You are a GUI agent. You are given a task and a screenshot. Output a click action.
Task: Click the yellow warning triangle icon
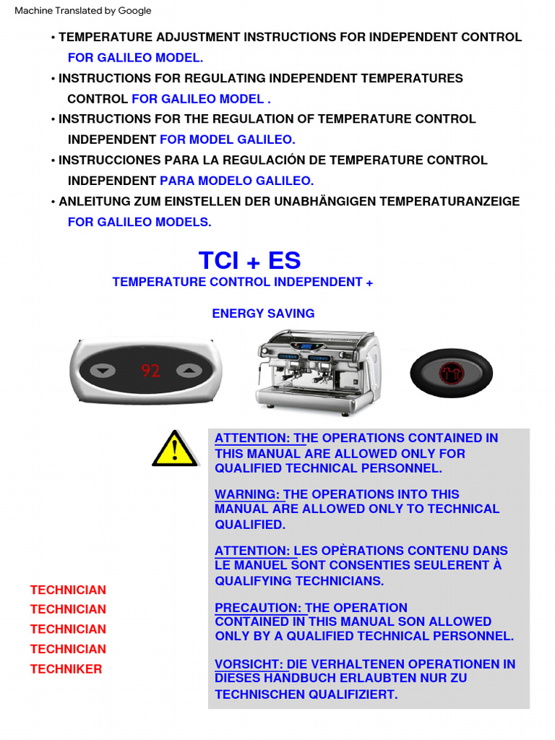click(175, 449)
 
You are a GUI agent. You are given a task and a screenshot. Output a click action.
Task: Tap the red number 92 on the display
click(150, 371)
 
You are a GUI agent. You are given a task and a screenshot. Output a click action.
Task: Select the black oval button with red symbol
click(451, 373)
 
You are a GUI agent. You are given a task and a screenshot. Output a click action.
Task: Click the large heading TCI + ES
click(249, 260)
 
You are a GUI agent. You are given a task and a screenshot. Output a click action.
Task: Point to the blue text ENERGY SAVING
click(263, 314)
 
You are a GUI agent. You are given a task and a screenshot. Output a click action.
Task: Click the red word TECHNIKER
click(66, 669)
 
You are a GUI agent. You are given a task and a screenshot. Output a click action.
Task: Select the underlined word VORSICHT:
click(250, 664)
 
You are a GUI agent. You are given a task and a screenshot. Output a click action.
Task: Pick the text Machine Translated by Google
click(83, 11)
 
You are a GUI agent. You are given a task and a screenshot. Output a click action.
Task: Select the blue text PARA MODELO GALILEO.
click(236, 181)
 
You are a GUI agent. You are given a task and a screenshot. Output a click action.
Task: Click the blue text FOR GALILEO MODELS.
click(139, 222)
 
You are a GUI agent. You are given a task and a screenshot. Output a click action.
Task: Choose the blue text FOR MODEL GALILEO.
click(227, 139)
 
